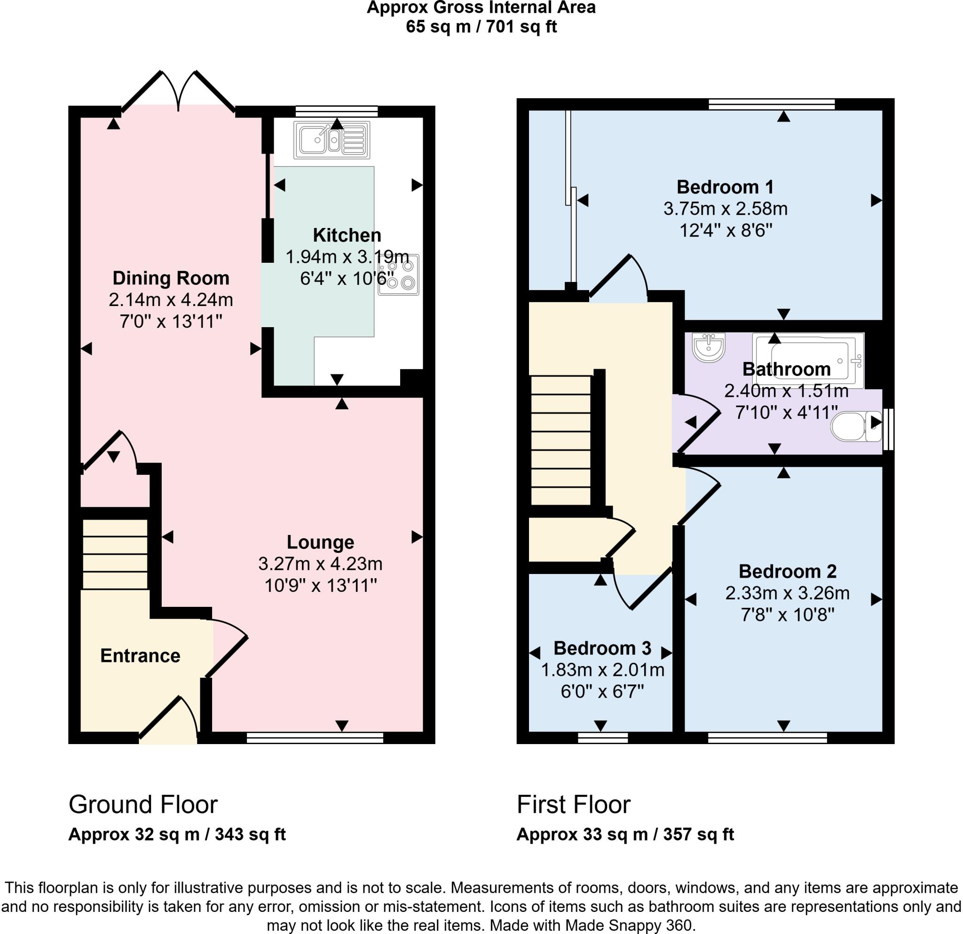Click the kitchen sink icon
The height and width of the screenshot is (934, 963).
pos(332,140)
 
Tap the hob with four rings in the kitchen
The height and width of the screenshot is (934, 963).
pos(398,275)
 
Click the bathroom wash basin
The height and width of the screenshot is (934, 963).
pos(709,347)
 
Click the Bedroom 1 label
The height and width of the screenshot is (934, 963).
pos(725,187)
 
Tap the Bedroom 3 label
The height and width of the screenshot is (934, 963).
pos(602,648)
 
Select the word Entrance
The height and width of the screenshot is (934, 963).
pos(140,656)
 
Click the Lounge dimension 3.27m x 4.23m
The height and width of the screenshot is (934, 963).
pos(320,564)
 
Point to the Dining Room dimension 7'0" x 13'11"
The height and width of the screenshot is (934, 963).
pos(171,322)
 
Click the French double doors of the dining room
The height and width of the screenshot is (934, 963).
pos(178,91)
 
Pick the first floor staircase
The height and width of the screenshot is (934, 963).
pos(560,440)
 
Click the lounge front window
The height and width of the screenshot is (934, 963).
pos(315,738)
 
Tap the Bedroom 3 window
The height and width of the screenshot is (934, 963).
pos(602,738)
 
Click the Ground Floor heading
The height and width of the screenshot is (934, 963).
pos(143,805)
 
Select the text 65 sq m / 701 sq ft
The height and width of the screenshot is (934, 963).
pos(481,26)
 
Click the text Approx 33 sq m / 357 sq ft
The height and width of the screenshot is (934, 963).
pos(625,834)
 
